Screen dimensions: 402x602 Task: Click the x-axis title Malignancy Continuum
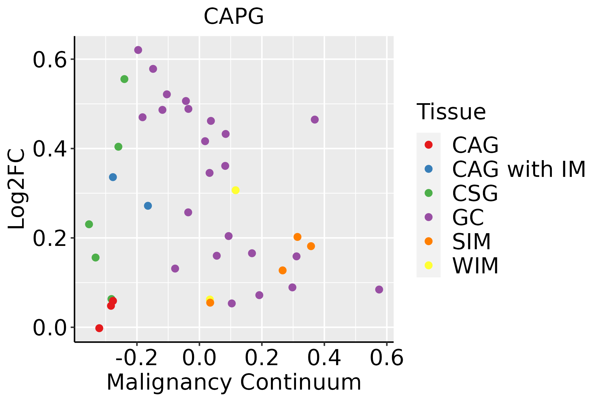[234, 382]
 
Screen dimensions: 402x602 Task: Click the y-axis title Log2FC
[17, 189]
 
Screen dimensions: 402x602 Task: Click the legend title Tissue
[451, 112]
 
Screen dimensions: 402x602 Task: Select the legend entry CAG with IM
[519, 169]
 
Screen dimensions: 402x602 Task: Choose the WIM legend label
[475, 266]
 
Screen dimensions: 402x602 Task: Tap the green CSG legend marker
[428, 193]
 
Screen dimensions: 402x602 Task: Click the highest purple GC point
[138, 50]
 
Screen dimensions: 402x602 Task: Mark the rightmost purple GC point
[379, 289]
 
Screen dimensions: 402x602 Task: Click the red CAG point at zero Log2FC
[99, 328]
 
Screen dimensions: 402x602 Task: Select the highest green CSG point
[124, 79]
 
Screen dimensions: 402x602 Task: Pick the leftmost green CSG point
[89, 224]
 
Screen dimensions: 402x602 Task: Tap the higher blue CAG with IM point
[113, 177]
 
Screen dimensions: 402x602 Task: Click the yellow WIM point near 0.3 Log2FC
[235, 190]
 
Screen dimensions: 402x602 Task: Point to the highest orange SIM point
[297, 237]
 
